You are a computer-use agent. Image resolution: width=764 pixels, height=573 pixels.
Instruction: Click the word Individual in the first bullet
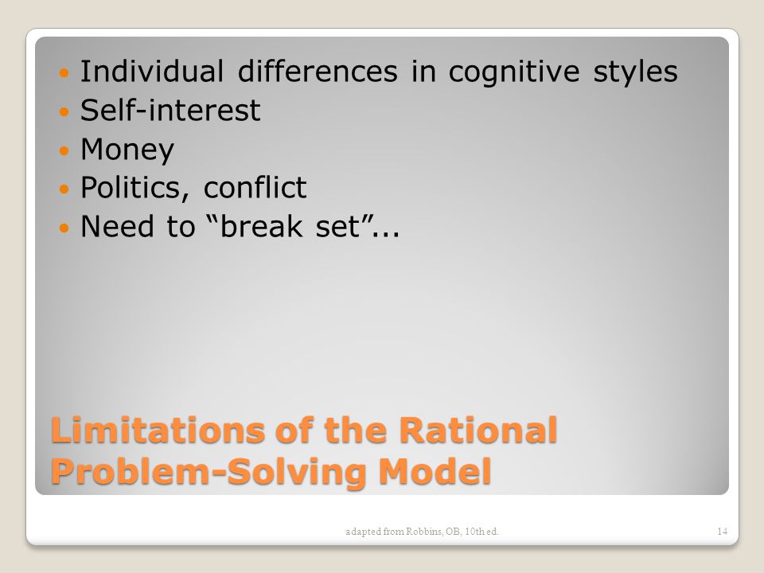(152, 71)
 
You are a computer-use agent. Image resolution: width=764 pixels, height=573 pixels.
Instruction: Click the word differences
(318, 71)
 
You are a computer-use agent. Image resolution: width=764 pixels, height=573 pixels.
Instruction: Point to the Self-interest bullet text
(170, 110)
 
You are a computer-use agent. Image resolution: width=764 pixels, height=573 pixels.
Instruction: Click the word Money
(127, 151)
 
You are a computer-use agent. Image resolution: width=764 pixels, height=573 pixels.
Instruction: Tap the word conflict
(255, 187)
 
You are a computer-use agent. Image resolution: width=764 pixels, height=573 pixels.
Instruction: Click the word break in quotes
(261, 226)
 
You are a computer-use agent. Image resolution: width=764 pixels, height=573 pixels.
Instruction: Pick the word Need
(117, 227)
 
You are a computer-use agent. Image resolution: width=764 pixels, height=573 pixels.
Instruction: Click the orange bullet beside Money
(64, 150)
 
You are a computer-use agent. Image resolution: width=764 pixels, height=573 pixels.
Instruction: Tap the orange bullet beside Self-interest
(64, 111)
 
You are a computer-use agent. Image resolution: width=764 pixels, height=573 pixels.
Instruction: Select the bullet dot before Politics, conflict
(64, 189)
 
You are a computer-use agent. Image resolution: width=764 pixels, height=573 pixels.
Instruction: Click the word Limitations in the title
(158, 430)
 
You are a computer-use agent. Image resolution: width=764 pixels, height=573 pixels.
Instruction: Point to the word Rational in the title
(478, 430)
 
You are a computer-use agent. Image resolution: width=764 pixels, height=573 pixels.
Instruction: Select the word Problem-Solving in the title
(209, 472)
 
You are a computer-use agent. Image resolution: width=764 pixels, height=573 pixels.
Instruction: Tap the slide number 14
(722, 531)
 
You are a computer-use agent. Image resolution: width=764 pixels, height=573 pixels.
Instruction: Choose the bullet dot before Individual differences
(64, 73)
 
